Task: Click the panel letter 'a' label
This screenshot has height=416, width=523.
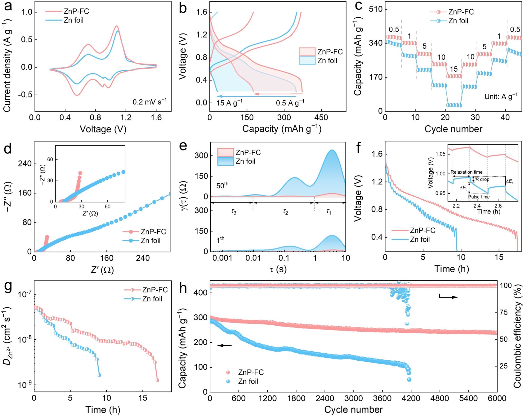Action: coord(8,6)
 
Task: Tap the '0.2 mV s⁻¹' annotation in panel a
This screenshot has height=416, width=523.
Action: coord(149,102)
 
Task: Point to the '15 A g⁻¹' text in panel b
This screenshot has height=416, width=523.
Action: coord(230,103)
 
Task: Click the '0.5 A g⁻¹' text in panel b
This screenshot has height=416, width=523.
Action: coord(290,103)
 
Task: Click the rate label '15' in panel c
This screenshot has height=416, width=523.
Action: coord(454,69)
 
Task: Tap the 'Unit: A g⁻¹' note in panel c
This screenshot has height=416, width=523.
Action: coord(501,96)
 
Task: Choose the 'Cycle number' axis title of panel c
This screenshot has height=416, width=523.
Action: coord(453,129)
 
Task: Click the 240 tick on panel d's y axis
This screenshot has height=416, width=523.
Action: coord(25,164)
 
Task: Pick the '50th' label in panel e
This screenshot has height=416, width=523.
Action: coord(222,185)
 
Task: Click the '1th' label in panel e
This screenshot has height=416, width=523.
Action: coord(220,240)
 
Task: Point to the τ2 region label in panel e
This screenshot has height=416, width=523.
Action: coord(285,211)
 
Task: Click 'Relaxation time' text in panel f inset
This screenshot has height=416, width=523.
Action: coord(466,172)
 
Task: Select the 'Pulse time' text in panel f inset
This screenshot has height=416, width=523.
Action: coord(479,197)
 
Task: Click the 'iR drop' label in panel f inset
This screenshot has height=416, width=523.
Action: coord(482,179)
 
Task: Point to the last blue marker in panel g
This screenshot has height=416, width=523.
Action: coord(99,375)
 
